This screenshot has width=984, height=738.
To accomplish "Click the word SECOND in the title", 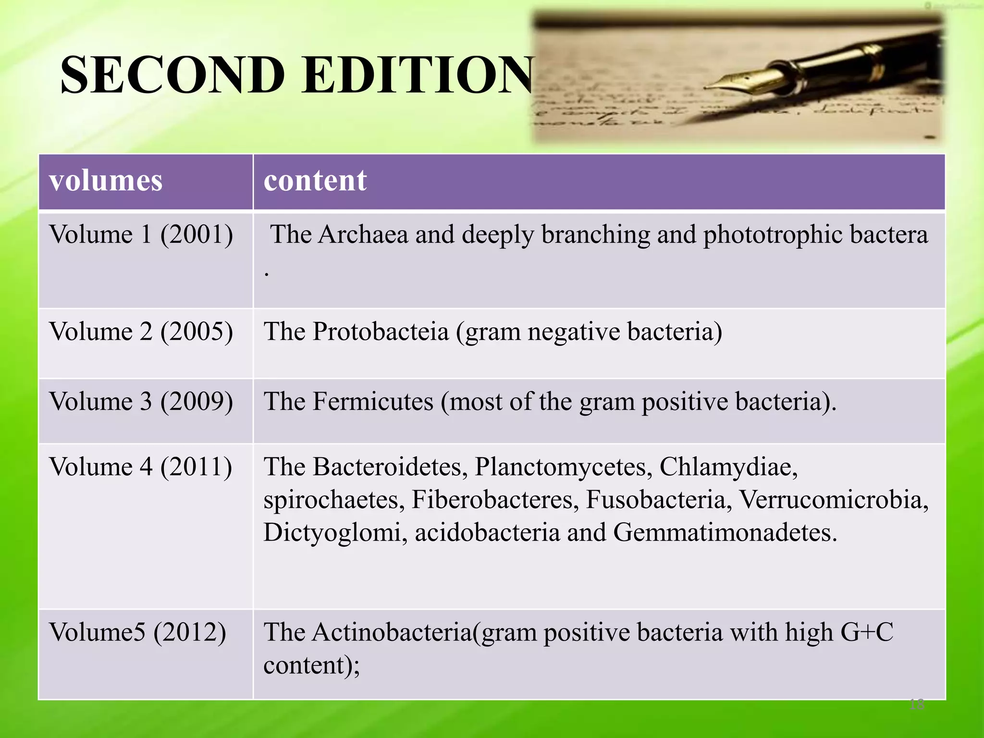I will pos(173,75).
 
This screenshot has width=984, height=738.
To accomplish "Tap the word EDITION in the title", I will pos(418,75).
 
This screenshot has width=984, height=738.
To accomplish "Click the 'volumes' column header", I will pos(106,181).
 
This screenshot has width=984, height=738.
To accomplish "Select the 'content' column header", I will pos(315,181).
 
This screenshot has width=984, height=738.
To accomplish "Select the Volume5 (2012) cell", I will pos(137,632).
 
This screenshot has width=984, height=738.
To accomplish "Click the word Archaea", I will pos(363,235).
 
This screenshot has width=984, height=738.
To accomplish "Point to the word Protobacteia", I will pos(381,332).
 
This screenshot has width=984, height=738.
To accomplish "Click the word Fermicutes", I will pos(373,402).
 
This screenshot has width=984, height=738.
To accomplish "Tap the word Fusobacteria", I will pos(659,500).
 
